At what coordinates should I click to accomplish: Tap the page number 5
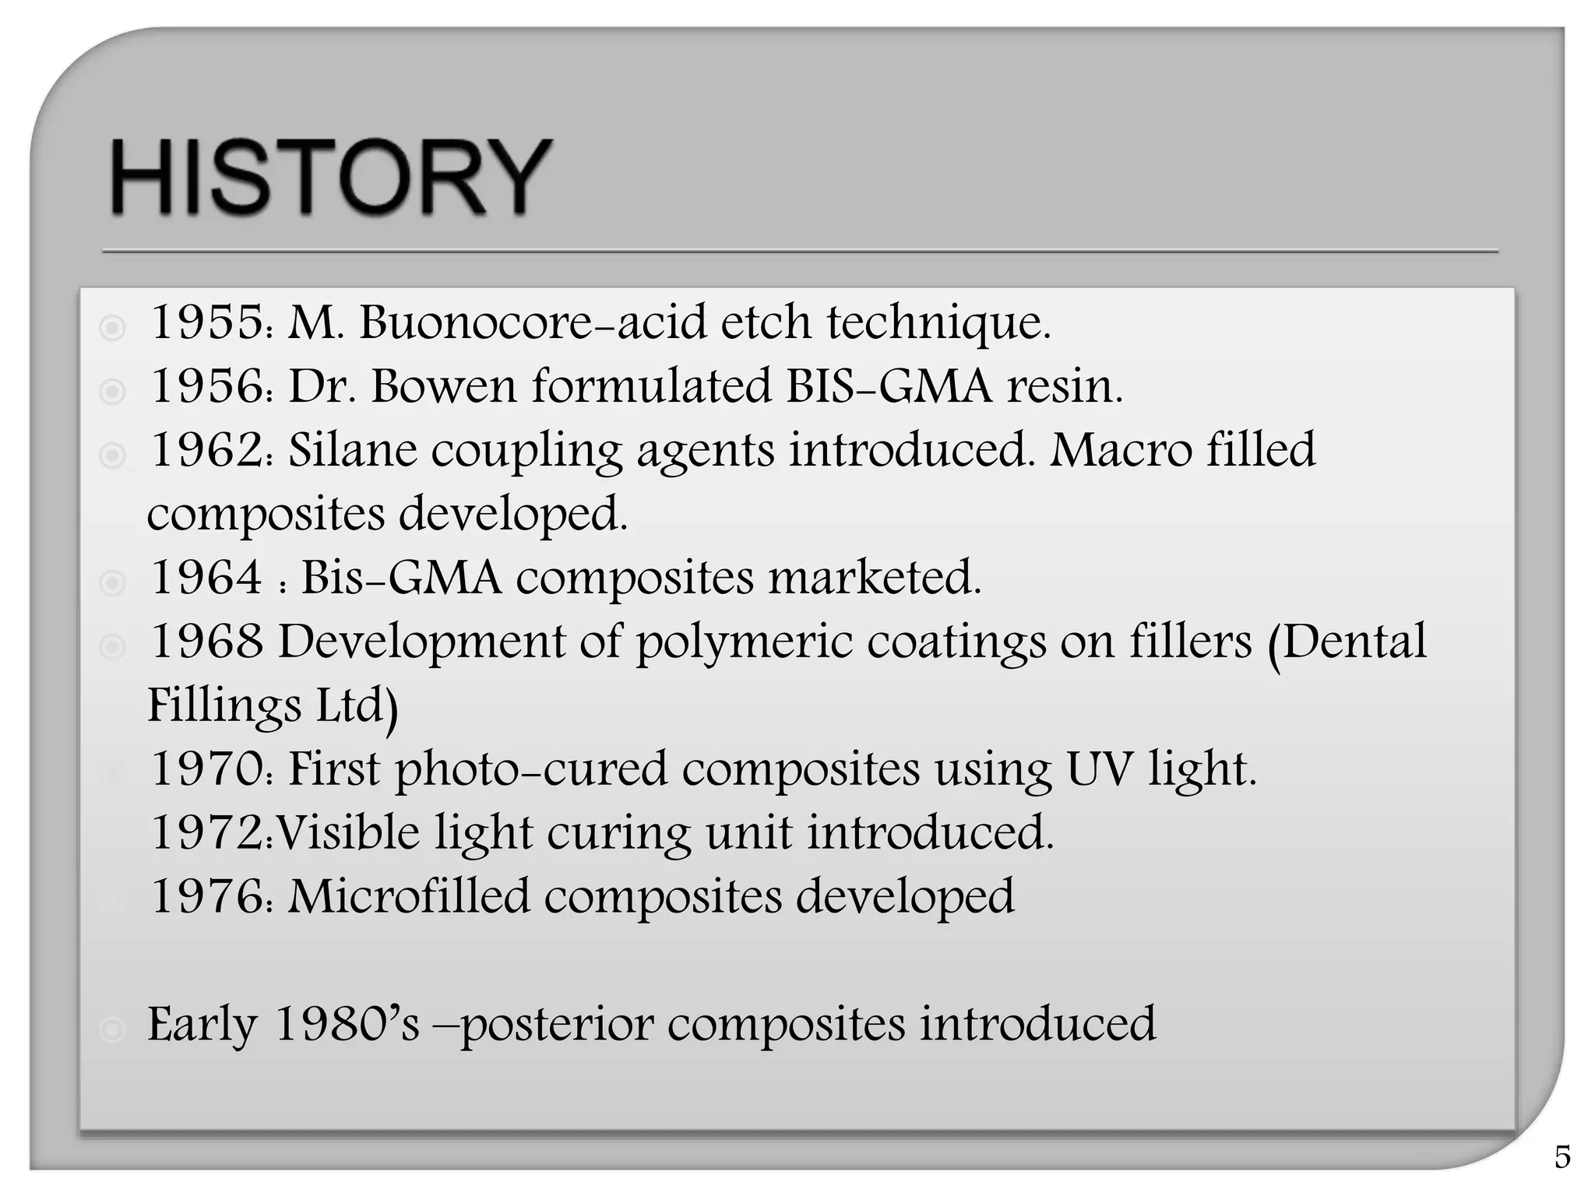(1562, 1157)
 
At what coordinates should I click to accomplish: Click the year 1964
(206, 578)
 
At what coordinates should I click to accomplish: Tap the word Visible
(348, 833)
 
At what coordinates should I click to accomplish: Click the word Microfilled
(409, 897)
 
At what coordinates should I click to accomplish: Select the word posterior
(557, 1025)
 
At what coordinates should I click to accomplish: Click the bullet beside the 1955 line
(112, 328)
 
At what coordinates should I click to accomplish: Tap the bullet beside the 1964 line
(112, 582)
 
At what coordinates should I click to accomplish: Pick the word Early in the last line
(202, 1025)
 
